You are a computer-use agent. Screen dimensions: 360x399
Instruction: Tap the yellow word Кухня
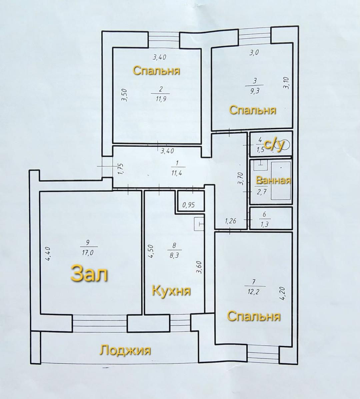[x=171, y=291]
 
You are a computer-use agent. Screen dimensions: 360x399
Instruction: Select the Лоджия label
[x=125, y=350]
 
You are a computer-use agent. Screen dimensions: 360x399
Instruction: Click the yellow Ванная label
[x=273, y=181]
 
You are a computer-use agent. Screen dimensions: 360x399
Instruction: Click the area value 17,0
[x=88, y=252]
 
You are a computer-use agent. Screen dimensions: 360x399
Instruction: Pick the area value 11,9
[x=161, y=99]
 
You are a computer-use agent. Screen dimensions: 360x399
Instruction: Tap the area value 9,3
[x=254, y=91]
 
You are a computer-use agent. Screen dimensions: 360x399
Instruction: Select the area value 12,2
[x=253, y=291]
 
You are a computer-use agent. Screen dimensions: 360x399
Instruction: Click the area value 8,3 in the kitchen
[x=174, y=255]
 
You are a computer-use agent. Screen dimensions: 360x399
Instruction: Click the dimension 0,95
[x=189, y=205]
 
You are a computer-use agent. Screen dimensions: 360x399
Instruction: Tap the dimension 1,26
[x=230, y=221]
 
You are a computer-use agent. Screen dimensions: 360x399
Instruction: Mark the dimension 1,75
[x=121, y=169]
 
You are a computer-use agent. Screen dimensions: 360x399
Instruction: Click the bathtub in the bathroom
[x=281, y=181]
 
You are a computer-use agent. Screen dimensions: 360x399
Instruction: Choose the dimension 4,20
[x=284, y=293]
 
